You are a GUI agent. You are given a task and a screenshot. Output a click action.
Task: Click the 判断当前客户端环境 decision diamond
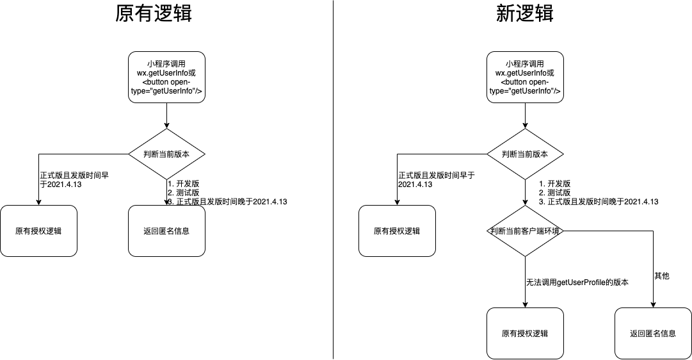[525, 231]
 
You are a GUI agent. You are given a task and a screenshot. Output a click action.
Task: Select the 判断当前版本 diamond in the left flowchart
[166, 154]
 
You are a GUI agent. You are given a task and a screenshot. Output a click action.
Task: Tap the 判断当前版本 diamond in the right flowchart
[525, 154]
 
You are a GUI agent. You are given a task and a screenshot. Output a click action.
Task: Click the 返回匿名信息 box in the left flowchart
[166, 231]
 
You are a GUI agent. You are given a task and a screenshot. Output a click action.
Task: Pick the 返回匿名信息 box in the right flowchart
[653, 333]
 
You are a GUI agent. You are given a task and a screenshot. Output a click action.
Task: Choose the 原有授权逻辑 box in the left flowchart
[38, 231]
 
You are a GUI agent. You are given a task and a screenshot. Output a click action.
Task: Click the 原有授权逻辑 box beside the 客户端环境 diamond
[397, 231]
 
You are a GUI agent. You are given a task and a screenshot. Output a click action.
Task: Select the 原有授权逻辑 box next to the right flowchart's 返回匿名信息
[525, 333]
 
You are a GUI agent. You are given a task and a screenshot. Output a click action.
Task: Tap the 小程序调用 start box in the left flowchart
[166, 77]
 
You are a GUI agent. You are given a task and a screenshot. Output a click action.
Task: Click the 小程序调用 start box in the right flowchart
[525, 77]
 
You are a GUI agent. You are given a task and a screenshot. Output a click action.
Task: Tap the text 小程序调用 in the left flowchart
[166, 64]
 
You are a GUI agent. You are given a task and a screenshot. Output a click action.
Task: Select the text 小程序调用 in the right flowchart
[525, 64]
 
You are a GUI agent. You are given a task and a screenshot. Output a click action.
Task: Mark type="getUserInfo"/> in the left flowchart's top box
[166, 92]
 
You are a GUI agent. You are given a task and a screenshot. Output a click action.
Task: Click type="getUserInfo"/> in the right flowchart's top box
[525, 92]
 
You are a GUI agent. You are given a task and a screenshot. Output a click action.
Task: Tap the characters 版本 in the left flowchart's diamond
[182, 154]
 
